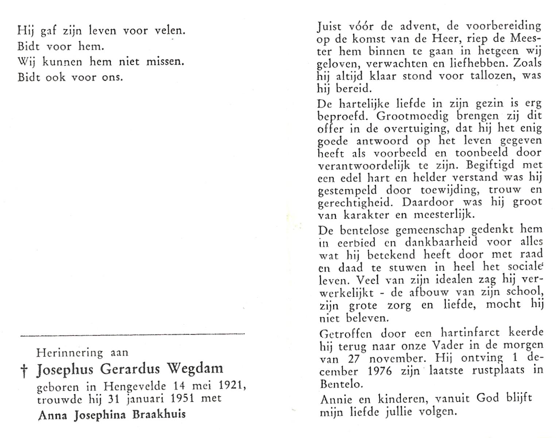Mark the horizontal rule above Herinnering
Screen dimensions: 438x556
coord(132,334)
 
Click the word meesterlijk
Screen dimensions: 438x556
coord(444,215)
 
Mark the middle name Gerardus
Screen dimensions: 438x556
coord(130,369)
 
